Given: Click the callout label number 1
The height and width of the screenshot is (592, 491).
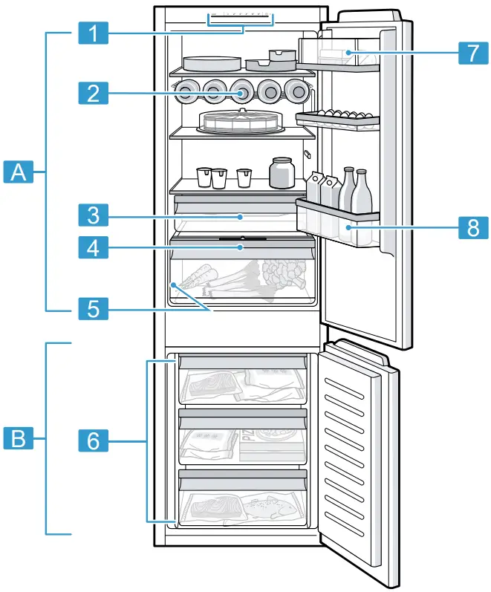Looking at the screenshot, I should [x=93, y=33].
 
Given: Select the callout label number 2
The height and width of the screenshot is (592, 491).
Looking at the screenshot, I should [x=93, y=94].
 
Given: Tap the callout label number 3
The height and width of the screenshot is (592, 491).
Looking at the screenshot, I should [x=93, y=216].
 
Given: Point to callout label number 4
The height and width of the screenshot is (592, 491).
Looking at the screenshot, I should [x=93, y=247].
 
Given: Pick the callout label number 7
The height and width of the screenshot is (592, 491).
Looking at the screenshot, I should [x=468, y=53].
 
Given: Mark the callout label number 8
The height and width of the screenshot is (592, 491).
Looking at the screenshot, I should [x=468, y=227].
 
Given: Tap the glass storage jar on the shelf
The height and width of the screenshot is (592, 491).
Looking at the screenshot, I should [x=282, y=172].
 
